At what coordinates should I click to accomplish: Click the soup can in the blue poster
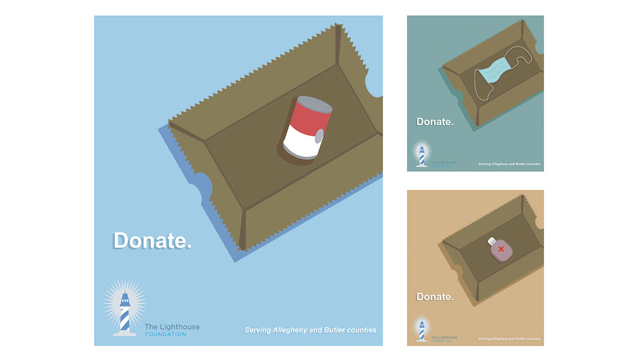[x=307, y=128]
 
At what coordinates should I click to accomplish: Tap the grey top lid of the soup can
[x=315, y=104]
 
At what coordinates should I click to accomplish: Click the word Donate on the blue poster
[x=152, y=241]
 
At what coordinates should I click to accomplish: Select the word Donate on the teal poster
[x=435, y=122]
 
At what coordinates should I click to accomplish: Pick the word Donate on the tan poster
[x=435, y=297]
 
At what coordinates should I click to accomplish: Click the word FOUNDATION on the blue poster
[x=166, y=334]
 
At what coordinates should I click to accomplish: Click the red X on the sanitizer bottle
[x=501, y=249]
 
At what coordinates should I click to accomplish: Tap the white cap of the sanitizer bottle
[x=492, y=241]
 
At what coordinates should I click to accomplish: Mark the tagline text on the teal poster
[x=509, y=164]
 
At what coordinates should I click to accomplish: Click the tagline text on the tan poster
[x=509, y=339]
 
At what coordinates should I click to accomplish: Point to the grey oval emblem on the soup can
[x=319, y=136]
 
